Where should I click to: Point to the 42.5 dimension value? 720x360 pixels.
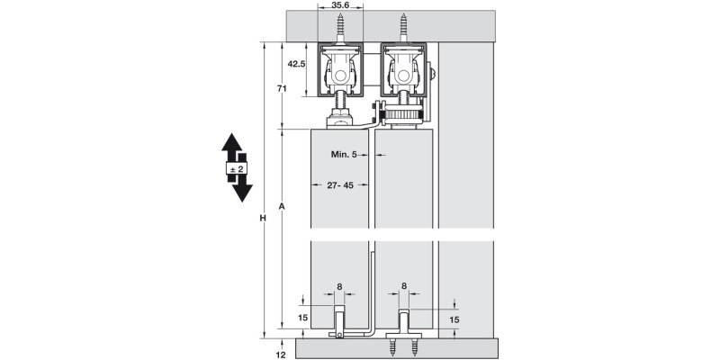click(x=298, y=64)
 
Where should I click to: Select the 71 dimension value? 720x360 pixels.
click(x=282, y=88)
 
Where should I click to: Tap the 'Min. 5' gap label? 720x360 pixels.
click(x=344, y=155)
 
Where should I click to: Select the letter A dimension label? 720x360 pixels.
click(x=283, y=207)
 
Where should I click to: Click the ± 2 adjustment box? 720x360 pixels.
click(x=236, y=169)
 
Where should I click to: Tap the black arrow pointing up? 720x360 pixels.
click(x=236, y=147)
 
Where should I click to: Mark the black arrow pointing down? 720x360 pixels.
click(x=240, y=191)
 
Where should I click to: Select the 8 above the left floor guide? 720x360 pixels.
click(x=339, y=287)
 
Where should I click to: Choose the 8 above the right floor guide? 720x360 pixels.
click(x=403, y=287)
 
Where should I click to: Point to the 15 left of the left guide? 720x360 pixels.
click(x=303, y=317)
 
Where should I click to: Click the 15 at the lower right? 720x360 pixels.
click(x=454, y=319)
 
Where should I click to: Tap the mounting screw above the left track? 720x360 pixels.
click(x=342, y=27)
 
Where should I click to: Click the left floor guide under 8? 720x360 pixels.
click(x=340, y=322)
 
